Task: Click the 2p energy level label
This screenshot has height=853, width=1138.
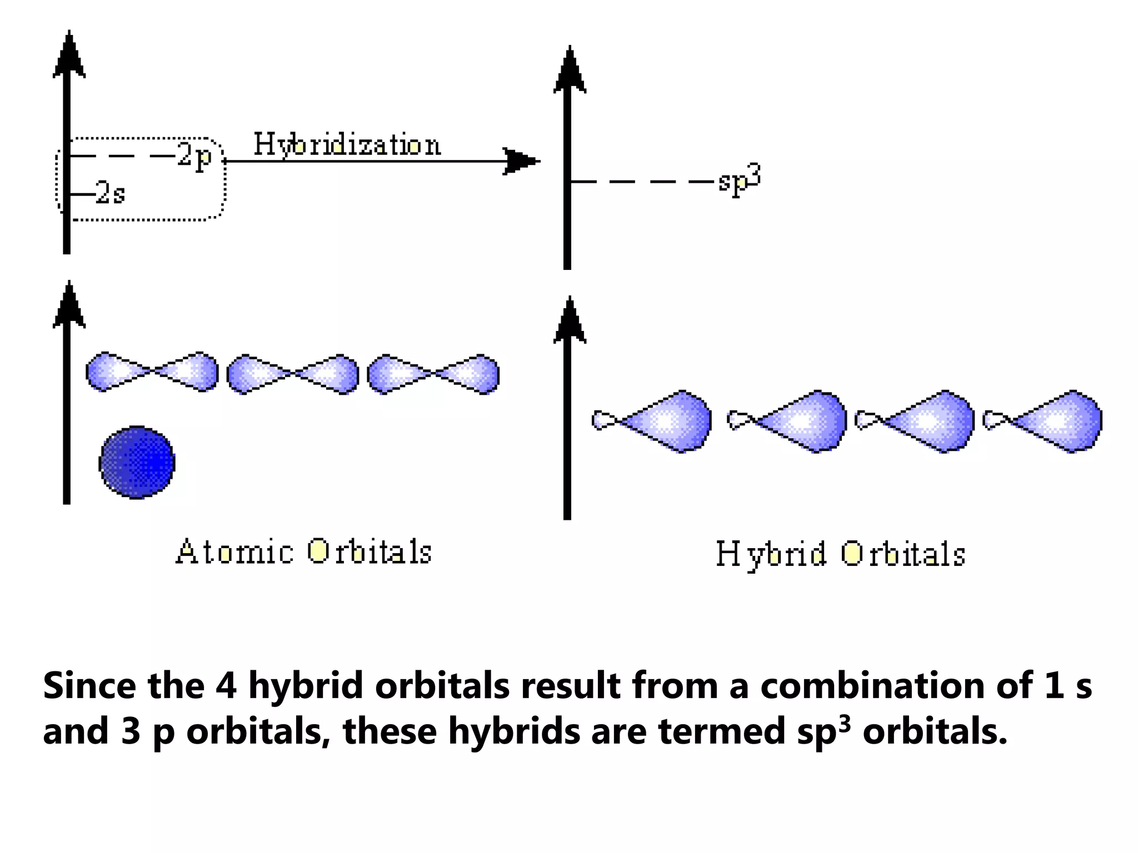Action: (195, 156)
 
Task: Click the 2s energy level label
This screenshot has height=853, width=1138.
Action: (110, 193)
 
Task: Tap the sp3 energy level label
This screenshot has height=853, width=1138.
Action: (738, 179)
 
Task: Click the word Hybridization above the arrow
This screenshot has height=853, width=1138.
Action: (347, 144)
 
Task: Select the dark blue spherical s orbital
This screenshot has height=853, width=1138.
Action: (137, 462)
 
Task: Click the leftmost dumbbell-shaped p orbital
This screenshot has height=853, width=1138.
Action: (152, 372)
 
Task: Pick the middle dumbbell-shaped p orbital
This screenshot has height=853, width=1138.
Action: (293, 374)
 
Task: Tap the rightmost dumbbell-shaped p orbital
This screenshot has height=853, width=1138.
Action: (433, 374)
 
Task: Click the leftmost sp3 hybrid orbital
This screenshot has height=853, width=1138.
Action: (653, 422)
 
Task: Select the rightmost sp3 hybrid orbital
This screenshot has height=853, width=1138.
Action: (1044, 421)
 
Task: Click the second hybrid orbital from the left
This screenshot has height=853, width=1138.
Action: (788, 422)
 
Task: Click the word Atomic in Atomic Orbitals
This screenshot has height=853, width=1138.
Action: (234, 552)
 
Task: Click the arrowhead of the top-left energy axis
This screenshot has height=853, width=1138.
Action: (68, 56)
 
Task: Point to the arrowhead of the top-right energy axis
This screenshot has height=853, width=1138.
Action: (569, 71)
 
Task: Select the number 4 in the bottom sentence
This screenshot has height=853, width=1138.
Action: (226, 686)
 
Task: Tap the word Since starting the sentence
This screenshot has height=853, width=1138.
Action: (89, 686)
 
